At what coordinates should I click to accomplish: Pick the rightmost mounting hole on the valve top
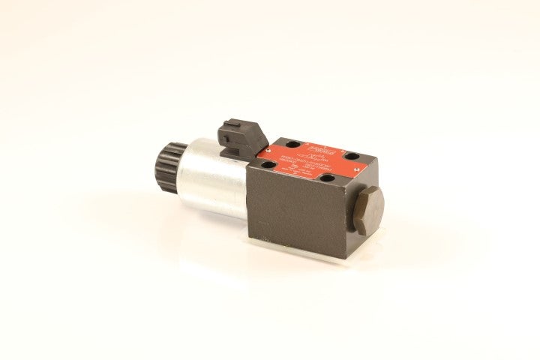click(x=349, y=154)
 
